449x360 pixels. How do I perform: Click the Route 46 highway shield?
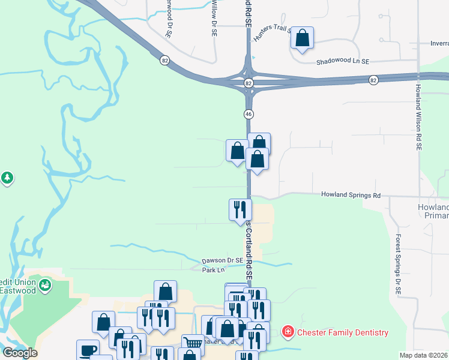248,113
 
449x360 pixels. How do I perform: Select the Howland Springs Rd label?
351,195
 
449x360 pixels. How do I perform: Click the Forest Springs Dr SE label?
397,263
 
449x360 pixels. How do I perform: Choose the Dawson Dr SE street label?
222,260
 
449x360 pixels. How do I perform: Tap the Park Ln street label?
208,270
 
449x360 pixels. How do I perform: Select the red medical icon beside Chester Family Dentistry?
288,332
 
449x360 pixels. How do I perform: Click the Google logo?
20,353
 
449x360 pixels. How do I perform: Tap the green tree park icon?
7,178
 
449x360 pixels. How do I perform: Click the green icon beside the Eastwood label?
45,286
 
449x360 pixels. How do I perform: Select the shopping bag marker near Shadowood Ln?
303,37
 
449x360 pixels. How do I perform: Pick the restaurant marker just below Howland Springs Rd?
240,209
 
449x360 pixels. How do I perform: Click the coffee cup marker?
88,350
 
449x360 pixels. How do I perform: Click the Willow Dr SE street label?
214,18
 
